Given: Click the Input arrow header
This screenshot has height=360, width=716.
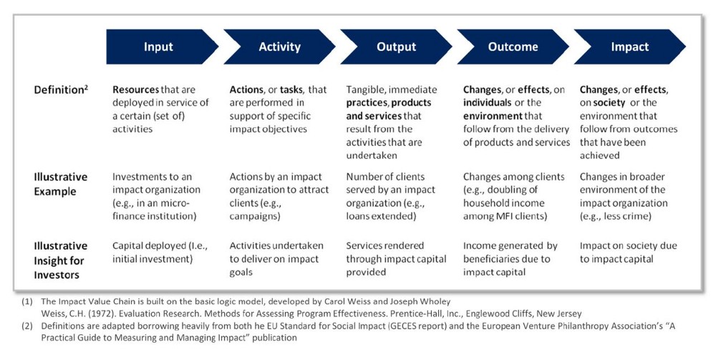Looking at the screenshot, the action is [158, 47].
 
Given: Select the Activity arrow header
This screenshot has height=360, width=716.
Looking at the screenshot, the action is [279, 47].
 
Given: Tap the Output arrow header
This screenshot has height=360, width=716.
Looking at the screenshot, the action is [396, 47].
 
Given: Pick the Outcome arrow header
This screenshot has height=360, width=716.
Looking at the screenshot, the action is [513, 47].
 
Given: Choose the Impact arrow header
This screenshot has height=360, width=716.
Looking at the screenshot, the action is [629, 47].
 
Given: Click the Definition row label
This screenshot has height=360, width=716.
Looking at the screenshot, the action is [61, 89].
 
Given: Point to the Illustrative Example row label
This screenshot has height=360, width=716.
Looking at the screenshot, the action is [60, 184].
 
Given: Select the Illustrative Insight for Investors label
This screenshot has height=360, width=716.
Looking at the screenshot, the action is [60, 260].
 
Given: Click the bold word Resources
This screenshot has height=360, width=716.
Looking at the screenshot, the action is [135, 90].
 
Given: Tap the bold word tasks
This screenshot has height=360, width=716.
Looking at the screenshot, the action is [291, 90].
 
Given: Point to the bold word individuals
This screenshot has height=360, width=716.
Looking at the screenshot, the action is [487, 102].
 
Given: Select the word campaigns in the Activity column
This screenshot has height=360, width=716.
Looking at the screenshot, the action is [255, 216].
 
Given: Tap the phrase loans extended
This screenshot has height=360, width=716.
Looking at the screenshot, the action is [381, 216].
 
